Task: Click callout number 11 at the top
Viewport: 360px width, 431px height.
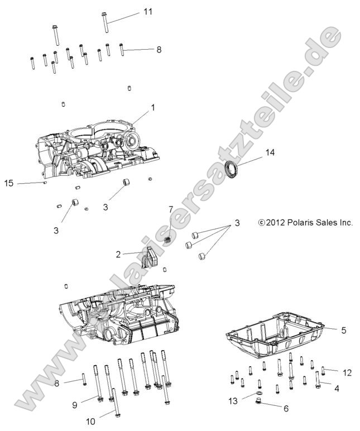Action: click(147, 11)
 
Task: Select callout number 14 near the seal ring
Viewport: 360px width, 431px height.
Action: click(270, 152)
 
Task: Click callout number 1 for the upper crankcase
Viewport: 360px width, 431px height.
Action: click(152, 107)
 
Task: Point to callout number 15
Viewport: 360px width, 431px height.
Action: click(8, 183)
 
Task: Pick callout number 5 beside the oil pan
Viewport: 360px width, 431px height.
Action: click(343, 330)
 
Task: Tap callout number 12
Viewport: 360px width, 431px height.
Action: click(347, 371)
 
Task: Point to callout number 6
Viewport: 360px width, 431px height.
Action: click(286, 408)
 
